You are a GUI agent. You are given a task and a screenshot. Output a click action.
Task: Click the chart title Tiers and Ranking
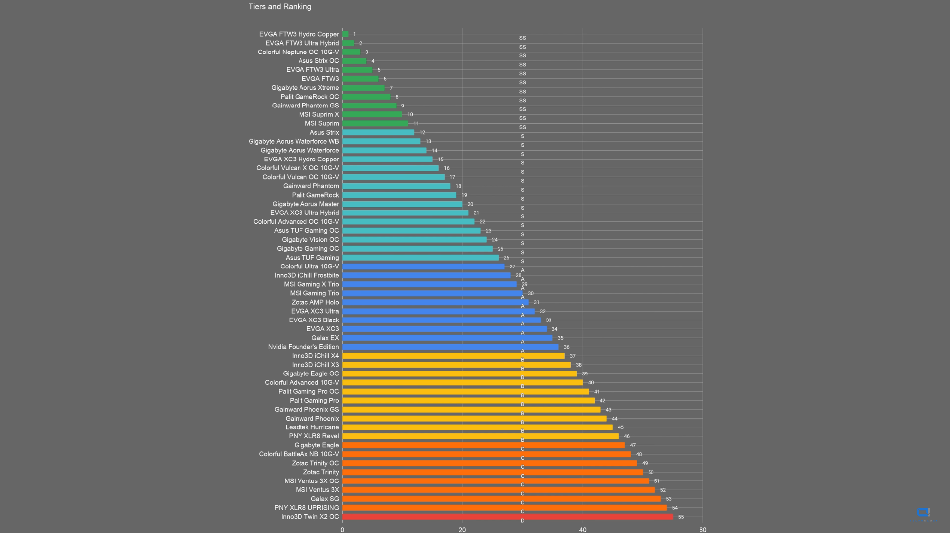coord(280,7)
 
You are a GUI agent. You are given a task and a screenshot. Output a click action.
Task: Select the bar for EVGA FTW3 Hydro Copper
coord(345,34)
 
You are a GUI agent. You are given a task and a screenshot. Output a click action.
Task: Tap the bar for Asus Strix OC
coord(354,61)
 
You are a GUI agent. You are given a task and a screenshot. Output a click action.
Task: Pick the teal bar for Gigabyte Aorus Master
coord(402,204)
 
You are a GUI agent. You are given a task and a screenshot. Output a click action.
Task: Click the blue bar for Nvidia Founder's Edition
coord(450,347)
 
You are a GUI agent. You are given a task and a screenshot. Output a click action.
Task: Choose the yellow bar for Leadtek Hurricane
coord(477,427)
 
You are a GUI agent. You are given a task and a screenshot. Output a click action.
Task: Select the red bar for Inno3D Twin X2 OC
coord(507,517)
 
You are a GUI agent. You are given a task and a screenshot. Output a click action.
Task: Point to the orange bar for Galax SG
coord(501,499)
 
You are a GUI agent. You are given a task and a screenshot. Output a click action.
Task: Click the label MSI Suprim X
coord(319,114)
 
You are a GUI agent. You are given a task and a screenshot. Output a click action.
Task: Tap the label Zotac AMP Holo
coord(315,302)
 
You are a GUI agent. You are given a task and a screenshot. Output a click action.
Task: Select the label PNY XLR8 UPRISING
coord(306,508)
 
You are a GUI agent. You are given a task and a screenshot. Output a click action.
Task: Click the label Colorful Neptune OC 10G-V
coord(298,52)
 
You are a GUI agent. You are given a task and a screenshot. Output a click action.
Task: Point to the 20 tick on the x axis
coord(462,530)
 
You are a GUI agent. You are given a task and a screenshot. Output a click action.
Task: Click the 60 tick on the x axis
coord(702,530)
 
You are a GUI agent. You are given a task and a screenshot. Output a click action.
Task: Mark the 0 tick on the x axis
coord(342,530)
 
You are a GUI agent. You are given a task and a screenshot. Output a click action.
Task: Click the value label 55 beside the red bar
coord(681,517)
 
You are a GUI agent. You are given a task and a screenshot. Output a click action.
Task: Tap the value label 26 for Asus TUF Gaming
coord(506,258)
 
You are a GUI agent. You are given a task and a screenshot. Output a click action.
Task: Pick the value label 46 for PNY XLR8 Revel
coord(627,436)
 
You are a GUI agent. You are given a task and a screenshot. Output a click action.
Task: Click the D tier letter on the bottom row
coord(522,521)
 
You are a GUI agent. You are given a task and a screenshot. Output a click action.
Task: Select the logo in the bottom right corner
coord(923,513)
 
